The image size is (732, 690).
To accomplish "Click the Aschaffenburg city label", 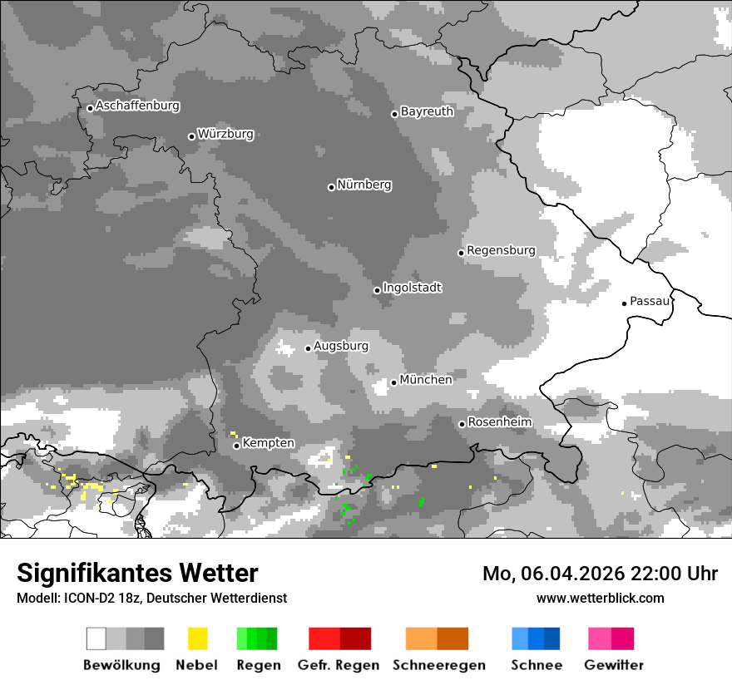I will [x=137, y=106].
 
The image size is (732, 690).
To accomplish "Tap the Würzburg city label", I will [x=225, y=134].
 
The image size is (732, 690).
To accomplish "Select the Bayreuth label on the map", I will [x=427, y=111].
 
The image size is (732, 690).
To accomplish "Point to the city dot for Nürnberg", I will [x=331, y=187].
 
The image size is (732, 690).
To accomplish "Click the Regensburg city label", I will [x=501, y=250].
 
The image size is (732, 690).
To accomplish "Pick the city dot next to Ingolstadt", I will [x=377, y=290].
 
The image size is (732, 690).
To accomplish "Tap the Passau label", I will [x=650, y=301].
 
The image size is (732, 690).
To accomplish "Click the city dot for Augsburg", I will [x=308, y=348].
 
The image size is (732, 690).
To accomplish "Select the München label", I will [x=426, y=380].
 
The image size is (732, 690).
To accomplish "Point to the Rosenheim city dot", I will [x=462, y=424].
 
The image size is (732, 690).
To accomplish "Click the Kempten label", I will [x=268, y=443].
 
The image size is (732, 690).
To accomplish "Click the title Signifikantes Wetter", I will [x=137, y=573].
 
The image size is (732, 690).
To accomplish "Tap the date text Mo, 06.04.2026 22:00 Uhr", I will [x=600, y=574].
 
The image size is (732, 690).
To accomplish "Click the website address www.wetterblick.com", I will [x=600, y=598].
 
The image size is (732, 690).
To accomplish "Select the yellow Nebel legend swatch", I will [x=197, y=638].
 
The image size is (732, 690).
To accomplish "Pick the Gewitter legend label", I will [x=613, y=665].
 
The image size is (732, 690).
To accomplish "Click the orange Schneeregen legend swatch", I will [x=437, y=638].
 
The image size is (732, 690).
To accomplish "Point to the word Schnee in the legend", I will [x=536, y=665].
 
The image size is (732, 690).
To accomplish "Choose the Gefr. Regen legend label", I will [x=338, y=665].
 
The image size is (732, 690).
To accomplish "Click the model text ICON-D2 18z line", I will [x=151, y=598].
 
